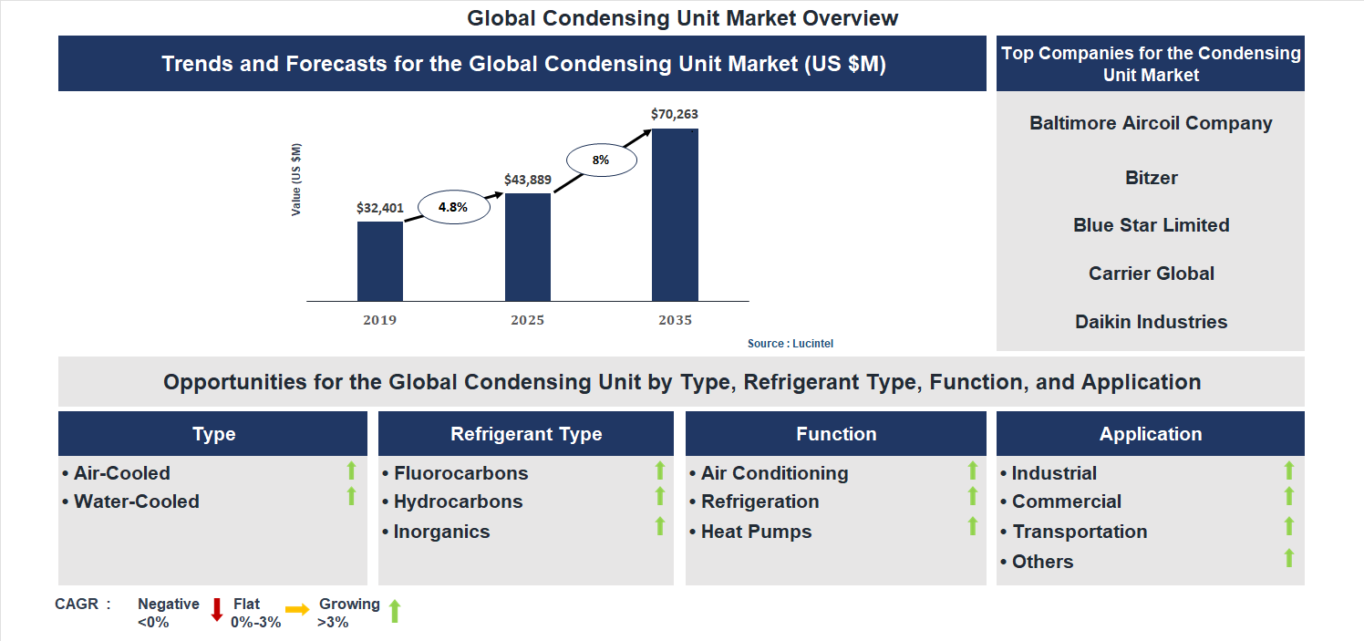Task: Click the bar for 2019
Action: (x=380, y=261)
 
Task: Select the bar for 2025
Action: (x=528, y=246)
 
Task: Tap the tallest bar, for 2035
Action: (x=675, y=214)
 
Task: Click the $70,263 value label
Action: (x=675, y=114)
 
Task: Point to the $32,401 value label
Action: (x=380, y=207)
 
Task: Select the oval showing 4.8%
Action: (x=453, y=207)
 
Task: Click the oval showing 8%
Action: (x=600, y=160)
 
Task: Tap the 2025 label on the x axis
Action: (x=528, y=320)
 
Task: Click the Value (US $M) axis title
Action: (x=296, y=180)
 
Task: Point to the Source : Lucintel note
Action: (x=790, y=344)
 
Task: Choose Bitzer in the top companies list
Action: (x=1151, y=178)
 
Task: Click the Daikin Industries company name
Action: (x=1151, y=322)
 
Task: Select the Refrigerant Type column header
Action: (x=526, y=434)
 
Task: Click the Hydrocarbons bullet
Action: (x=458, y=501)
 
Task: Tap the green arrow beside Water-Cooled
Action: (x=351, y=497)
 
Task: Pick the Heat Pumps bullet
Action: (x=756, y=532)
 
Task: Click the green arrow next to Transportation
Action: (x=1289, y=526)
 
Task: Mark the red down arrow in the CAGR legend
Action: (x=217, y=609)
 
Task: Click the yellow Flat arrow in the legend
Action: (x=297, y=610)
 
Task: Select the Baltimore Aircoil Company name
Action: (x=1151, y=123)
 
